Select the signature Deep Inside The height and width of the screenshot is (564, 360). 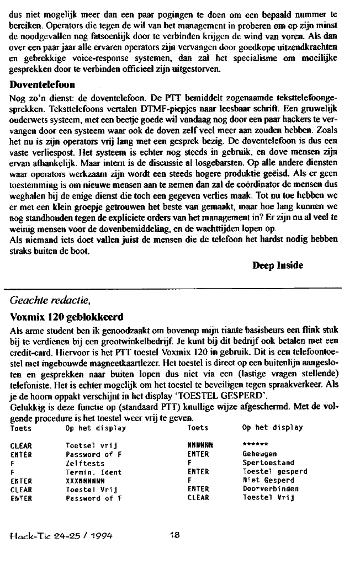[278, 265]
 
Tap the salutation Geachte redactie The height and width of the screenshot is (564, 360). [50, 301]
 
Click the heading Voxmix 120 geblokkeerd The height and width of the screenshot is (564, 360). [66, 318]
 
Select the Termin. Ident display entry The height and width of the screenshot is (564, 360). [93, 472]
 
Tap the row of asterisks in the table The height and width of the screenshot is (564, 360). [255, 444]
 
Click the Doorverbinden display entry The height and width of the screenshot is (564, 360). [270, 489]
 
